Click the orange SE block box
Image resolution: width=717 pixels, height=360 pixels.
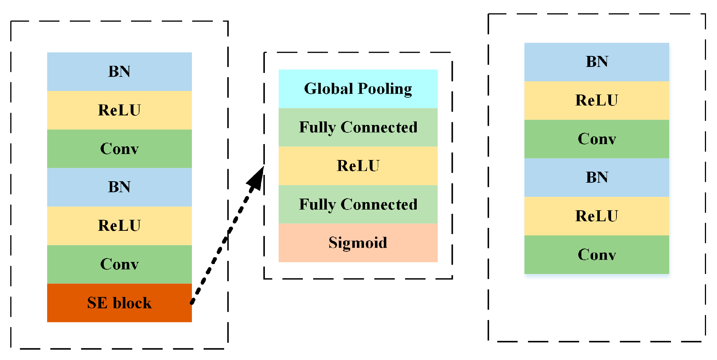119,303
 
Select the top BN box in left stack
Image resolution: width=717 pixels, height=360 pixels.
119,72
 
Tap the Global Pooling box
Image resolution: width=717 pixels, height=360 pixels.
358,88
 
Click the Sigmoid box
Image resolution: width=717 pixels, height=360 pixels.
358,243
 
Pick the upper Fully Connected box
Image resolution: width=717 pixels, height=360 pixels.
358,127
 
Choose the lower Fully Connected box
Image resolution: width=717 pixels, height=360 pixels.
358,204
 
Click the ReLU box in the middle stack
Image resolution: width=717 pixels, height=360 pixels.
358,166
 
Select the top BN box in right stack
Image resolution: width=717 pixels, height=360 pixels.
597,62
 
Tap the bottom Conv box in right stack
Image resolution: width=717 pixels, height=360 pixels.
597,255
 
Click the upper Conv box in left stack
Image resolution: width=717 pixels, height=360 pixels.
119,149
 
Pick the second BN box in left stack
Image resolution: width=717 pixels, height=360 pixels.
119,187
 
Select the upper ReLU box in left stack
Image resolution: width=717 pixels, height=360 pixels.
119,110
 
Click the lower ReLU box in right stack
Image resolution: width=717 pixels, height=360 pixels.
597,216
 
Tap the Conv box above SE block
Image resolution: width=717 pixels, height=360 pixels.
119,264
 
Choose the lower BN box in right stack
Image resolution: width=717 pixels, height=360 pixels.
597,177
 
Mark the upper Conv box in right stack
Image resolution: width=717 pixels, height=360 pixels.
597,139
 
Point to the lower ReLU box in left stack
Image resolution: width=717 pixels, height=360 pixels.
119,225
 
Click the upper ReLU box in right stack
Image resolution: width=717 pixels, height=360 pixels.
597,101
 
